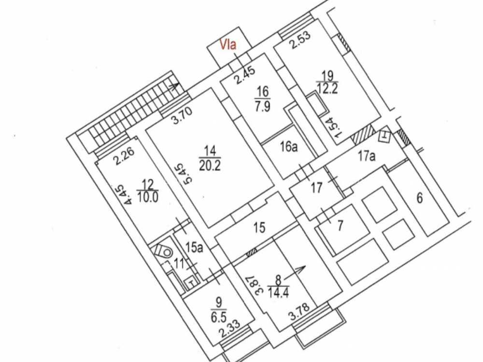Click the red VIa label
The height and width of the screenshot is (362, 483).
pos(228,44)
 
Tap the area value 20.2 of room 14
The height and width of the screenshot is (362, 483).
pos(210,166)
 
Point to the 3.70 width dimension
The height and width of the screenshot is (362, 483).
pos(183,115)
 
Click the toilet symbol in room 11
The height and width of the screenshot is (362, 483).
pos(163,251)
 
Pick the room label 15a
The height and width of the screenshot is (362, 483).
pos(194,247)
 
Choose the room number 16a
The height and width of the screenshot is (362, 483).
pos(289,147)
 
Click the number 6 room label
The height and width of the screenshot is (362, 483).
pos(420,198)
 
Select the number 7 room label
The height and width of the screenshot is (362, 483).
pos(340,225)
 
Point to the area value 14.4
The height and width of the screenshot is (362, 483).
pos(278,292)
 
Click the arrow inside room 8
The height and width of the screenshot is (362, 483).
pos(294,272)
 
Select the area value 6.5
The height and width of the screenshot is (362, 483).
pos(219,316)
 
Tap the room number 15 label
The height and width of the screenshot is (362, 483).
pos(259,227)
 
